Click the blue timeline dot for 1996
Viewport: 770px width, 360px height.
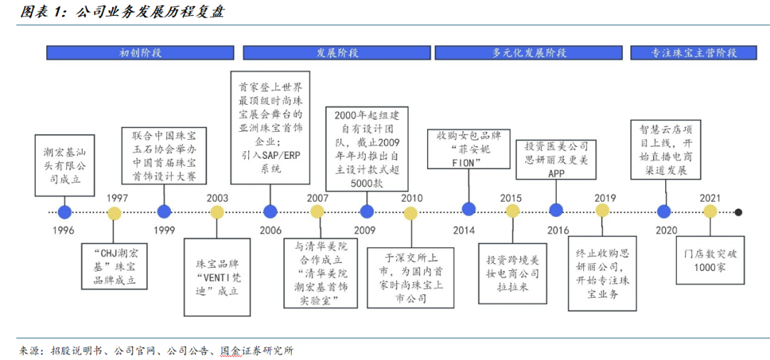click(x=64, y=212)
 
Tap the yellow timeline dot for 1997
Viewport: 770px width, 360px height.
click(x=114, y=212)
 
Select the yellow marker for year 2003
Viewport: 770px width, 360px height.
click(x=217, y=212)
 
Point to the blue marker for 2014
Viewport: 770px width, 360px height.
click(x=468, y=210)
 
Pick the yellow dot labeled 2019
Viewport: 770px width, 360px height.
click(x=602, y=210)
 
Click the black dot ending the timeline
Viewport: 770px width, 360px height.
click(x=738, y=212)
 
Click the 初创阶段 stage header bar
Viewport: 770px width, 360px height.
click(x=140, y=53)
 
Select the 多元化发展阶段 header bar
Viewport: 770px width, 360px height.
click(x=528, y=53)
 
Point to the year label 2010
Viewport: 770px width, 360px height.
click(x=411, y=198)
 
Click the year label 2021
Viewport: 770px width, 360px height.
click(x=710, y=198)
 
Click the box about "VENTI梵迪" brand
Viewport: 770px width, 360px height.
click(x=217, y=277)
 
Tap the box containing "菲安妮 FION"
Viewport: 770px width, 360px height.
click(x=461, y=149)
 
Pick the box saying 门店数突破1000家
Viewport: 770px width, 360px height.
click(x=709, y=260)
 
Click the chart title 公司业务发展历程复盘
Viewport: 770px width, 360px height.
click(x=150, y=12)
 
